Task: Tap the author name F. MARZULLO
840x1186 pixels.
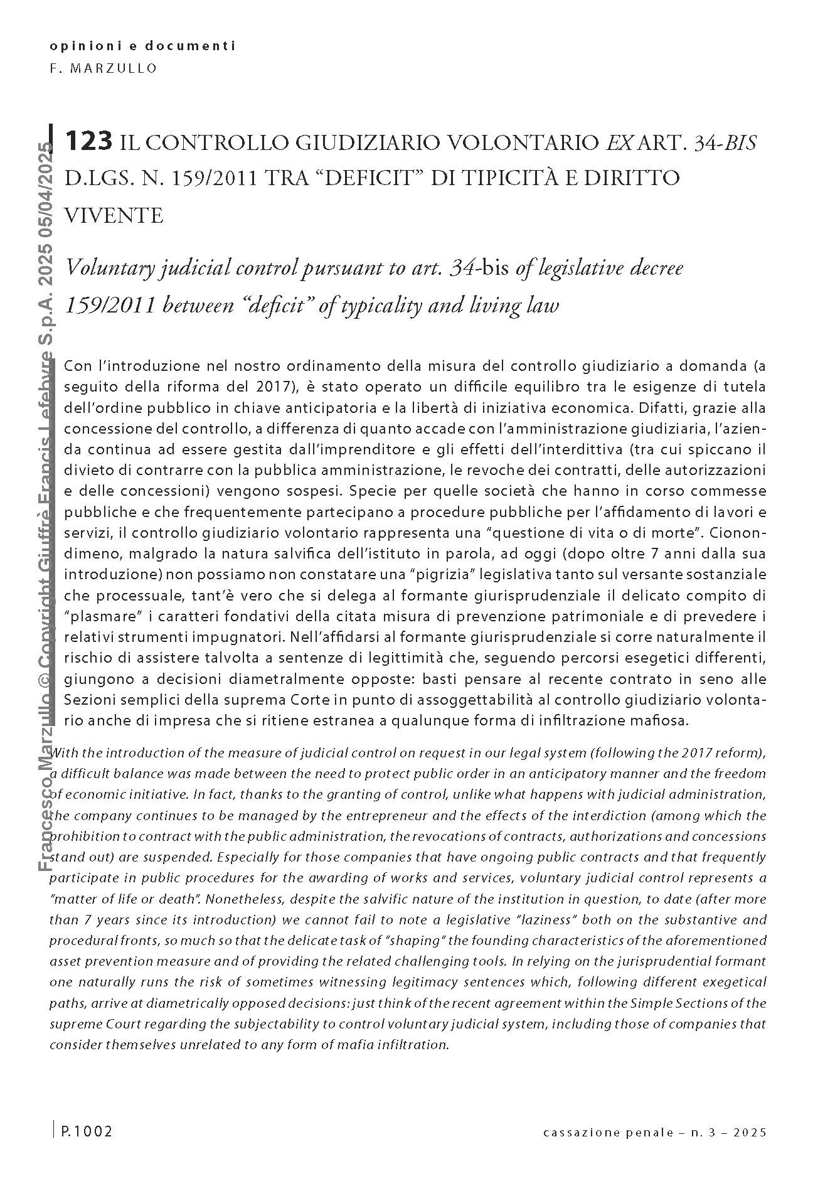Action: click(104, 68)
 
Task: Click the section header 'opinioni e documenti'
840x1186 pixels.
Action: click(142, 46)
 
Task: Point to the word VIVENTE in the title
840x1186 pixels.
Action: click(114, 215)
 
